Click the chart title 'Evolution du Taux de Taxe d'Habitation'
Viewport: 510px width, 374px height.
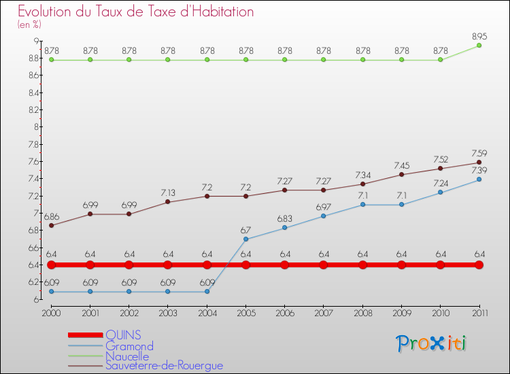click(x=136, y=12)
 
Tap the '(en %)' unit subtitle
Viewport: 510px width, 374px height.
click(x=29, y=24)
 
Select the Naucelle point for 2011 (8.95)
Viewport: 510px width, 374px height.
click(x=479, y=45)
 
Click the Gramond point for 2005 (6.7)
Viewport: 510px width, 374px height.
click(x=245, y=239)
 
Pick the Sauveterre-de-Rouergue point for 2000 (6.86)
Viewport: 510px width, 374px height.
click(x=51, y=225)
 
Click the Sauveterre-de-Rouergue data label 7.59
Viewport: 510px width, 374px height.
click(x=479, y=153)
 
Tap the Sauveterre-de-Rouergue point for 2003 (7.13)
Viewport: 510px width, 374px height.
click(x=168, y=202)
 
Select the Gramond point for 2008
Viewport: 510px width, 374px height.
click(x=362, y=205)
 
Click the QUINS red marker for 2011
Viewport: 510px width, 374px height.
click(x=479, y=265)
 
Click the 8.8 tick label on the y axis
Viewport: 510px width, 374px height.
click(x=33, y=58)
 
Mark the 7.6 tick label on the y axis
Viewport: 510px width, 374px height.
click(x=33, y=162)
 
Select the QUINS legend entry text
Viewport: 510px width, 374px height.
click(x=124, y=335)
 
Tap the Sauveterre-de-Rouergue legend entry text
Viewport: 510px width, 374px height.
click(x=164, y=366)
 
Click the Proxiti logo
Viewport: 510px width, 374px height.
click(x=432, y=343)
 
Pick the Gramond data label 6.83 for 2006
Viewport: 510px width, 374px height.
click(x=285, y=218)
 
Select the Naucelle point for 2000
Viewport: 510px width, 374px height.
click(x=51, y=60)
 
